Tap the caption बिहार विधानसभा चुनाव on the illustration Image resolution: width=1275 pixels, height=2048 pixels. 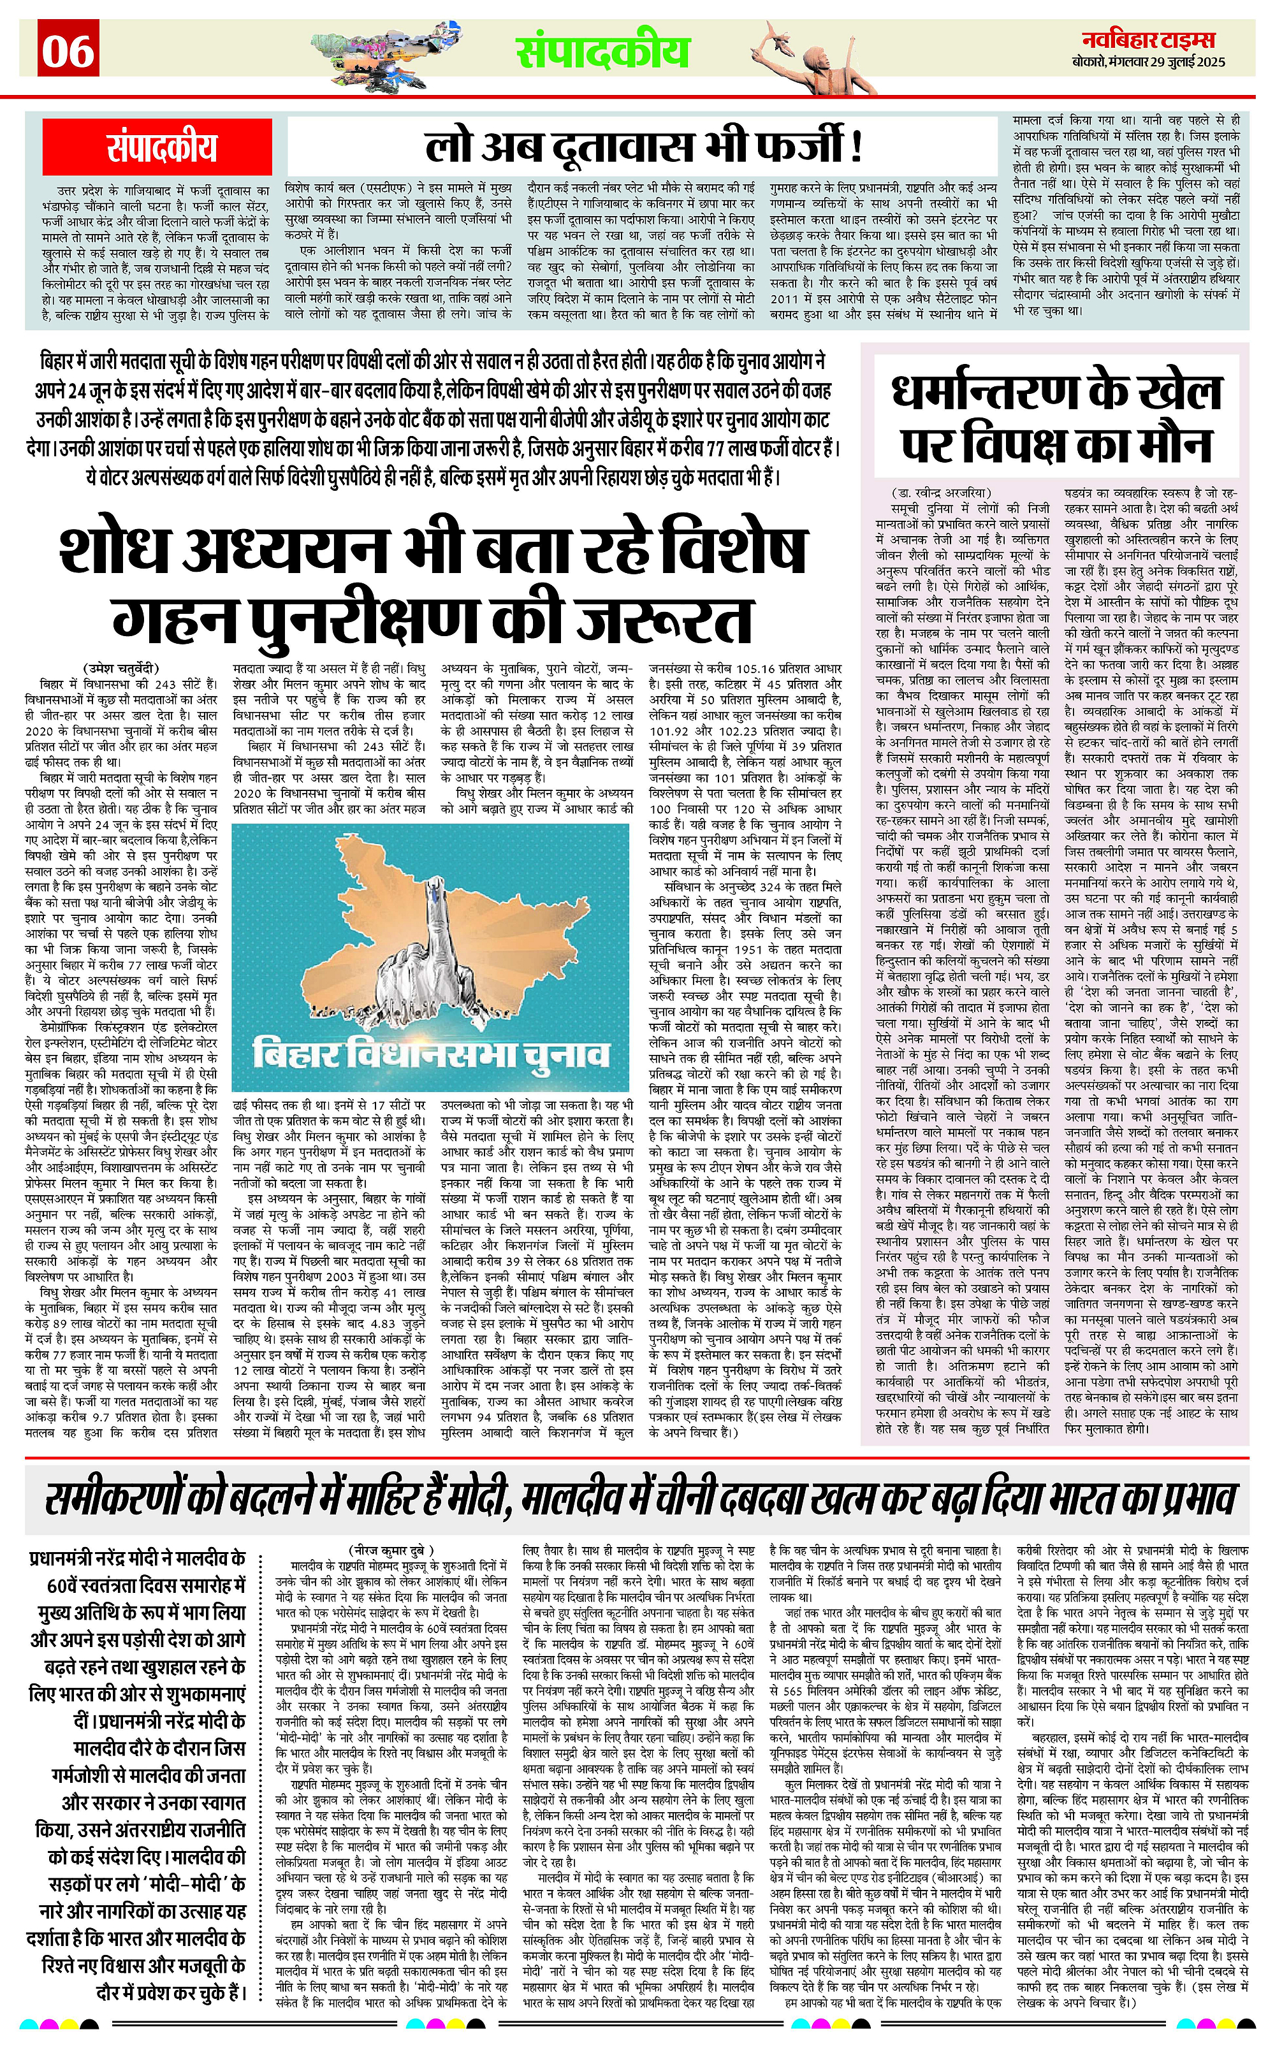click(x=431, y=1054)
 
